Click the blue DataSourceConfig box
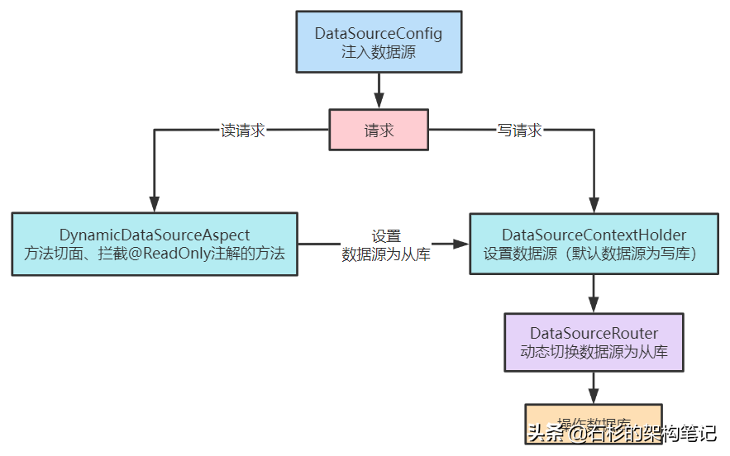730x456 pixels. pyautogui.click(x=379, y=42)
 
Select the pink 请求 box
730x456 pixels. pyautogui.click(x=379, y=131)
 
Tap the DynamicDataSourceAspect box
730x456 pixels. pyautogui.click(x=155, y=245)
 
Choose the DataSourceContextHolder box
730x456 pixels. pyautogui.click(x=594, y=245)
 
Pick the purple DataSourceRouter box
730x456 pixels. pyautogui.click(x=594, y=342)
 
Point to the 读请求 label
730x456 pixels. pyautogui.click(x=243, y=131)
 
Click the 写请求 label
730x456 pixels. pyautogui.click(x=519, y=131)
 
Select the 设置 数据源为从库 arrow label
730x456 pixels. pyautogui.click(x=386, y=245)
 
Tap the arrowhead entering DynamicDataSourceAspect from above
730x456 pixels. pyautogui.click(x=155, y=203)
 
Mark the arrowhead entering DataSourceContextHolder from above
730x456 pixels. pyautogui.click(x=594, y=203)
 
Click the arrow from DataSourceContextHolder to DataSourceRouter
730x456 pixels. pyautogui.click(x=594, y=293)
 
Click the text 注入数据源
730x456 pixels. pyautogui.click(x=379, y=51)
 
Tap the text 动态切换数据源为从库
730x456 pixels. pyautogui.click(x=594, y=351)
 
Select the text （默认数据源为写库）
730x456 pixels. pyautogui.click(x=629, y=254)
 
